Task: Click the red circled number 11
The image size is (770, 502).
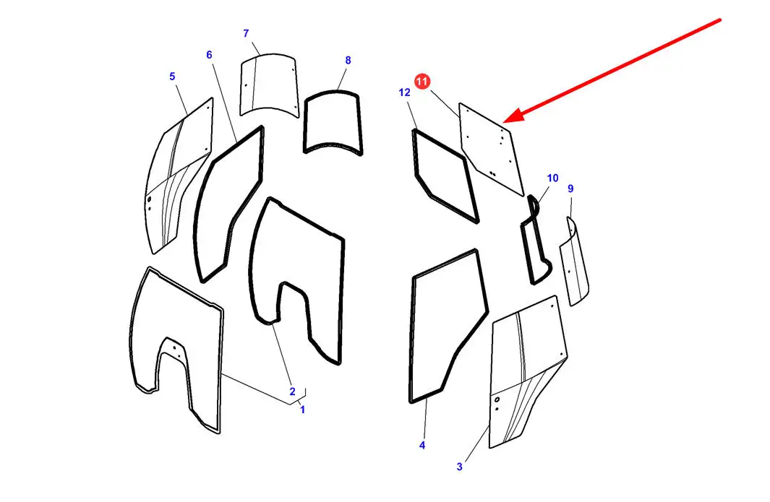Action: tap(422, 82)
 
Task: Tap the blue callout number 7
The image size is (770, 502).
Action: tap(246, 33)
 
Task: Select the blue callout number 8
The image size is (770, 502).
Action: tap(348, 61)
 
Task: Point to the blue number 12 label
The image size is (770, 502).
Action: tap(404, 92)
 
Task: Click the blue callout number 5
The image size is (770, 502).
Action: tap(172, 77)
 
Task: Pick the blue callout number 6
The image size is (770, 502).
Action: tap(209, 54)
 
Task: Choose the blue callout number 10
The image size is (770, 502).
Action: tap(552, 178)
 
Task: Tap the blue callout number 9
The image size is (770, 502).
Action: tap(570, 189)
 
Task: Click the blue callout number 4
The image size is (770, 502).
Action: tap(422, 446)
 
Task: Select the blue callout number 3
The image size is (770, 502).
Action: tap(459, 467)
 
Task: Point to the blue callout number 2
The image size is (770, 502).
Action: tap(292, 391)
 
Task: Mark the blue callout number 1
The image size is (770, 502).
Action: tap(302, 410)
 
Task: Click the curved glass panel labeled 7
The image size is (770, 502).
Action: tap(269, 85)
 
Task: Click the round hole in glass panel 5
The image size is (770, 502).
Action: tap(149, 199)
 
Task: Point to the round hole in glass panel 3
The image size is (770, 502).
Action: tap(497, 400)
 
